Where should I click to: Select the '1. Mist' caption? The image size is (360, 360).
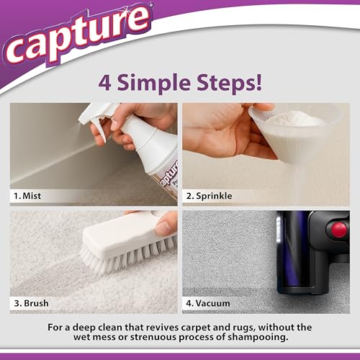point(30,194)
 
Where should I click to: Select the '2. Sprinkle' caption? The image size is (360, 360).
point(209,194)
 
